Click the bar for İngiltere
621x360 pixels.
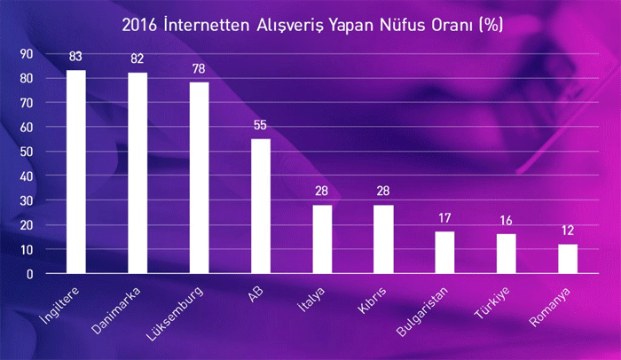pyautogui.click(x=76, y=172)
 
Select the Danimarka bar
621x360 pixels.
pyautogui.click(x=138, y=173)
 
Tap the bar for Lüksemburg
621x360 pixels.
pyautogui.click(x=200, y=178)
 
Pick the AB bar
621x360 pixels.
pyautogui.click(x=261, y=206)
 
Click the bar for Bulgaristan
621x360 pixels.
pyautogui.click(x=444, y=253)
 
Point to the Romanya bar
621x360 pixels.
pyautogui.click(x=568, y=259)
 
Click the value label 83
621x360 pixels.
pyautogui.click(x=75, y=57)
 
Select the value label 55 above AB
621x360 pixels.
pyautogui.click(x=260, y=125)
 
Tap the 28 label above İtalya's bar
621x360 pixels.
pyautogui.click(x=321, y=192)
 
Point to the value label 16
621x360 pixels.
pyautogui.click(x=507, y=221)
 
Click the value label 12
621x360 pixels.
pyautogui.click(x=568, y=231)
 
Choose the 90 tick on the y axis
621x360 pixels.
pyautogui.click(x=27, y=54)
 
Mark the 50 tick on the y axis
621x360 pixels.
pyautogui.click(x=27, y=152)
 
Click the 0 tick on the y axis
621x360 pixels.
pyautogui.click(x=29, y=274)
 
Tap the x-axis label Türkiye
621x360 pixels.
pyautogui.click(x=492, y=303)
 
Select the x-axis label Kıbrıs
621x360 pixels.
pyautogui.click(x=372, y=301)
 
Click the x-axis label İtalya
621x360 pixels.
pyautogui.click(x=311, y=300)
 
